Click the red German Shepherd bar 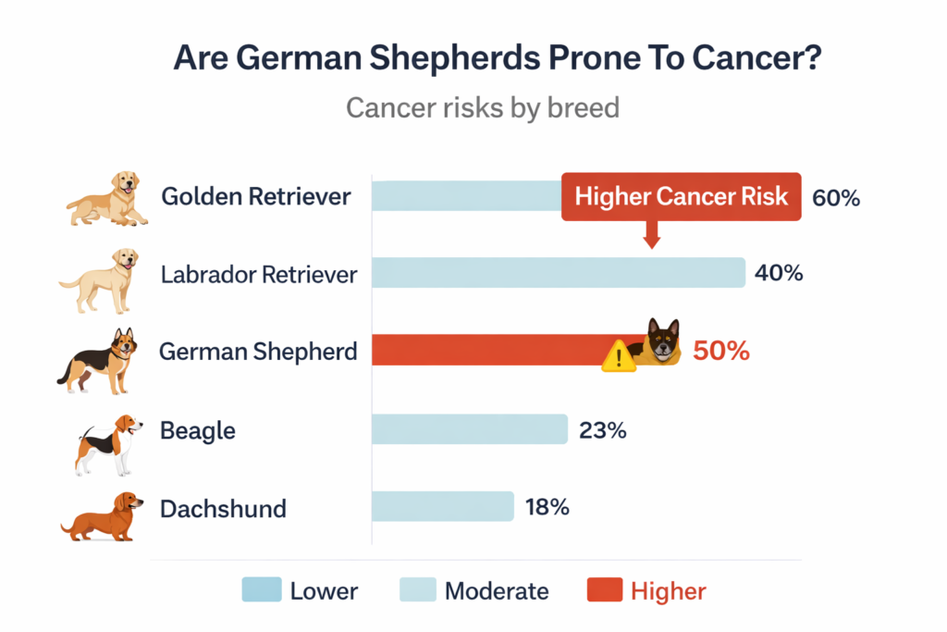(490, 351)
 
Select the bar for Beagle (469, 429)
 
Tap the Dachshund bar (442, 506)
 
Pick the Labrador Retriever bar (558, 273)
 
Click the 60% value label (836, 197)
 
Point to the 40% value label (779, 274)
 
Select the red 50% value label (720, 352)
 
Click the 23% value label (603, 430)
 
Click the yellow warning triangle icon (618, 356)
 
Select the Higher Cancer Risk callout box (681, 196)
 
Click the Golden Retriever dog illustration (108, 198)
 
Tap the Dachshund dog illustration (103, 515)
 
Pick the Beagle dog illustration (109, 442)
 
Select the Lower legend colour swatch (261, 590)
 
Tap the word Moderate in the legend (497, 590)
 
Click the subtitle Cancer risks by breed (482, 107)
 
